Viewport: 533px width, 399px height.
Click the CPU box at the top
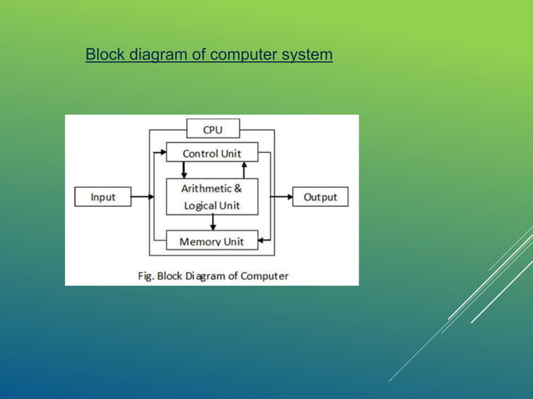pos(212,129)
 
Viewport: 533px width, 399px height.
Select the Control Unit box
pos(212,154)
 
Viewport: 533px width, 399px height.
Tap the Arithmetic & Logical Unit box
pos(212,197)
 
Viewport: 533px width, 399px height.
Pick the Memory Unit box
pos(212,242)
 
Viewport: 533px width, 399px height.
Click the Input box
pos(104,198)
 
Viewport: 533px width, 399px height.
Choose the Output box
pos(320,198)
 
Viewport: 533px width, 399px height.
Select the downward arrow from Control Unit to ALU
pos(184,169)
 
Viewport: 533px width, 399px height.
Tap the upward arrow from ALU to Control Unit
pos(243,169)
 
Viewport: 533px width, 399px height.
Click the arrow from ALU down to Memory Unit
pos(213,222)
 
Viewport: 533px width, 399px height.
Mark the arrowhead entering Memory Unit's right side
pos(262,242)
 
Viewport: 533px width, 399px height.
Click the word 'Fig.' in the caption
pos(145,275)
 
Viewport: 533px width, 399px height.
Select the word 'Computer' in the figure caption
pos(263,275)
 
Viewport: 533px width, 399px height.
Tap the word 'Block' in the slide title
pos(104,55)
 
